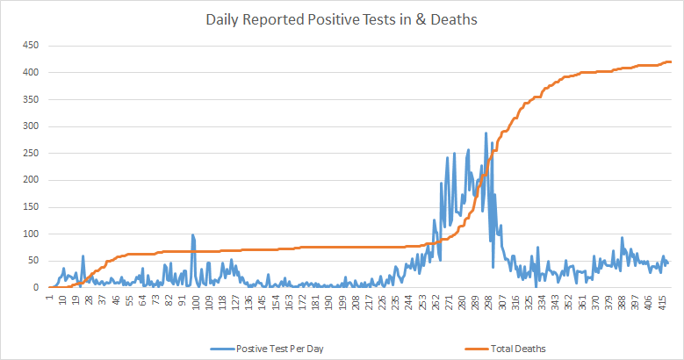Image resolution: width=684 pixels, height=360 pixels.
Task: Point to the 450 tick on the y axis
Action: (x=31, y=45)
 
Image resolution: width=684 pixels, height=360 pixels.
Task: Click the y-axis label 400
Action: (x=31, y=72)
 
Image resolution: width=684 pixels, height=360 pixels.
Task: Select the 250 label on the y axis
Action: (x=31, y=153)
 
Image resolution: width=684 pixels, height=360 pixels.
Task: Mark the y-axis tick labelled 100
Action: (x=31, y=234)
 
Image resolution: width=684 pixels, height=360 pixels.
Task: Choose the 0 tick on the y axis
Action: (x=36, y=287)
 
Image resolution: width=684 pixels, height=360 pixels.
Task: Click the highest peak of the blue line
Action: (x=486, y=133)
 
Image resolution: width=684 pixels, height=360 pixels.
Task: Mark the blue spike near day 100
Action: (x=192, y=234)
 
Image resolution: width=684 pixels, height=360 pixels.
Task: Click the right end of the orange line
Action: (x=671, y=61)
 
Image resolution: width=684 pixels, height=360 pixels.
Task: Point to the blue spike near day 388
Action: (x=622, y=238)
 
